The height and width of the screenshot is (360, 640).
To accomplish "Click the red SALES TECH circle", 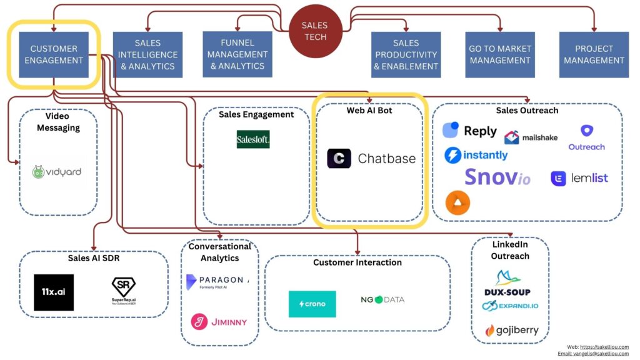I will (x=314, y=31).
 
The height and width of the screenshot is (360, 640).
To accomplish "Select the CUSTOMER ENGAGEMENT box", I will (x=54, y=54).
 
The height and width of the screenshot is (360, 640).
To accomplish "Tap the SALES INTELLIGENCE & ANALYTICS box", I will (x=147, y=54).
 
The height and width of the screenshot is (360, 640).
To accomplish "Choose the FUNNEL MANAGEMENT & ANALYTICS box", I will (x=237, y=54).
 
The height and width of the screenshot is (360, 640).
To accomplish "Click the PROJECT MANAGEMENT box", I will (x=594, y=54).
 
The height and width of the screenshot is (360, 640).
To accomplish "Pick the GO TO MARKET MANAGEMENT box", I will (x=499, y=54).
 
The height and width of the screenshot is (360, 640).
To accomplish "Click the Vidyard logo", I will (x=57, y=171).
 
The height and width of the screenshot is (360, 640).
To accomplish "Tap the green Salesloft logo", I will (x=253, y=139).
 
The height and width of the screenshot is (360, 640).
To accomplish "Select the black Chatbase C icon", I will (x=339, y=159).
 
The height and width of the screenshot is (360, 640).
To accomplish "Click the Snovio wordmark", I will (x=497, y=177).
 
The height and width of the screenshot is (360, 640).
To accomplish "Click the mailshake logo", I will (x=531, y=137).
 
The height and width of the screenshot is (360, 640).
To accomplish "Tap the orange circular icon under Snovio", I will (x=457, y=202).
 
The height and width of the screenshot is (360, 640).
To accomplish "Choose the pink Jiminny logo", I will (x=219, y=322).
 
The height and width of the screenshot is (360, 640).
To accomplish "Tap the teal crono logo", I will (x=312, y=304).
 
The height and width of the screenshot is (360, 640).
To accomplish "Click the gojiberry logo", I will (x=511, y=330).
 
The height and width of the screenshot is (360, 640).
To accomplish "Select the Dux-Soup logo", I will (x=507, y=283).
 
